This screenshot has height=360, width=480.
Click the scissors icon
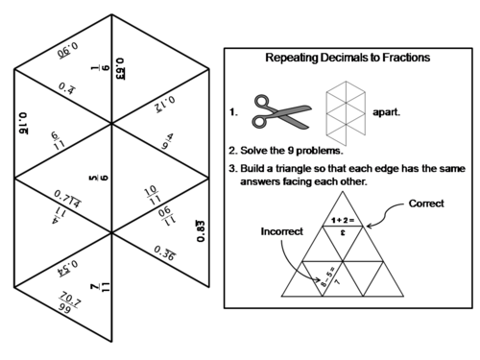pyautogui.click(x=279, y=110)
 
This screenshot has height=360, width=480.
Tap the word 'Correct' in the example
pyautogui.click(x=426, y=204)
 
